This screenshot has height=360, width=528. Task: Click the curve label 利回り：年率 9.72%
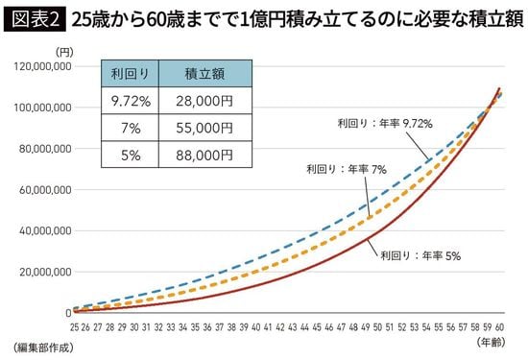[384, 124]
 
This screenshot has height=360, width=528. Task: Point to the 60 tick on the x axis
[498, 326]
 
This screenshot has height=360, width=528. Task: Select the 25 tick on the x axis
[73, 326]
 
